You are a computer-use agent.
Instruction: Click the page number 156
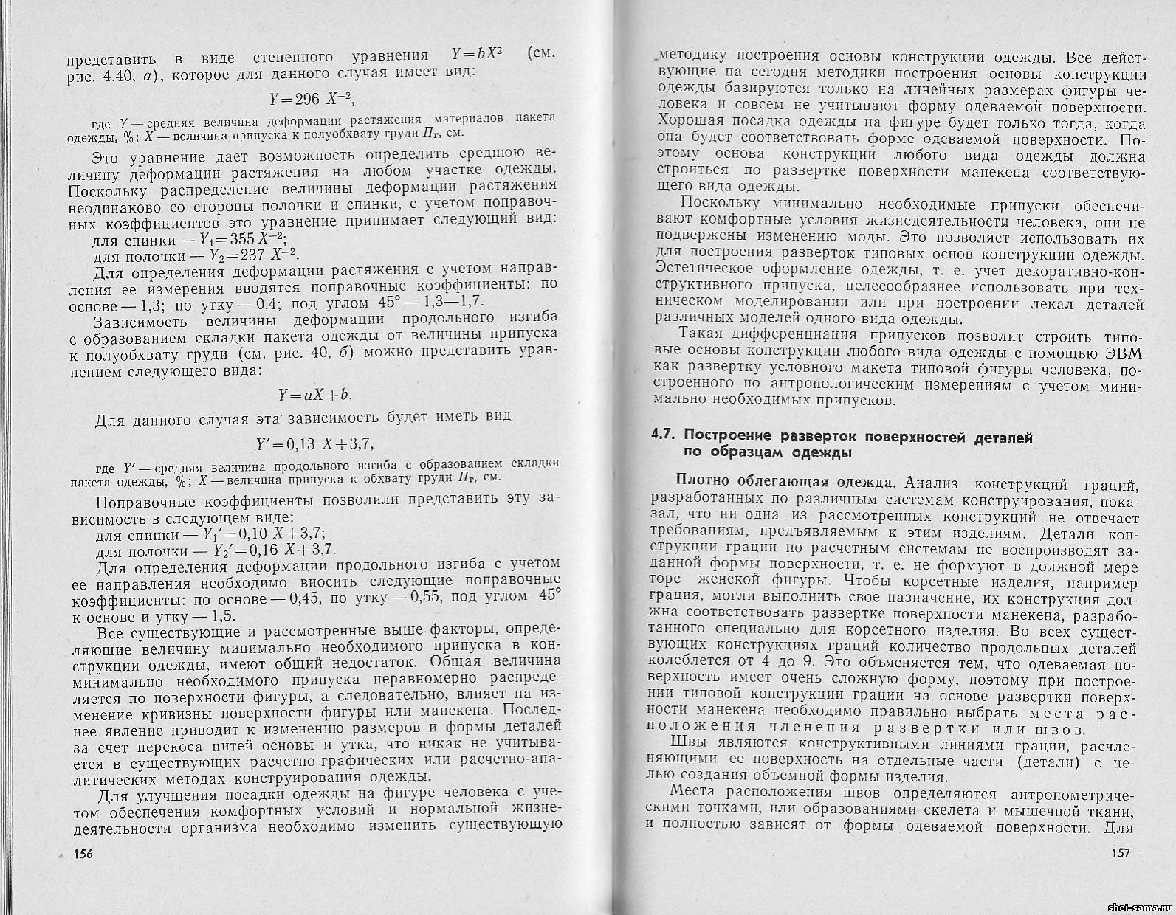point(82,854)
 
